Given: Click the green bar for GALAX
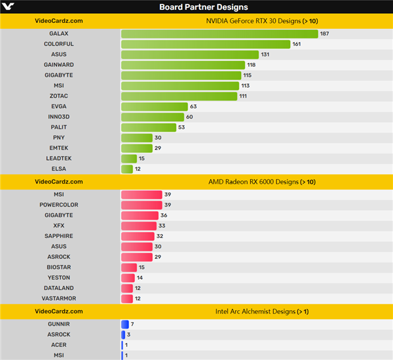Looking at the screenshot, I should [x=219, y=33].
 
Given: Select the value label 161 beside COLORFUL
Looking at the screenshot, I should [x=296, y=44].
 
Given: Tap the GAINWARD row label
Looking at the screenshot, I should [x=59, y=65].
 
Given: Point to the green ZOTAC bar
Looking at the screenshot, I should [x=179, y=96].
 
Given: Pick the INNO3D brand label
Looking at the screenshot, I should [x=59, y=117].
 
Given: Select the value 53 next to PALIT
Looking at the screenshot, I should [x=182, y=127].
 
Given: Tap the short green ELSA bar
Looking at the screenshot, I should [x=127, y=169].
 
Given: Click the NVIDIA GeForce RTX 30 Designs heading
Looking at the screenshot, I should [x=261, y=20].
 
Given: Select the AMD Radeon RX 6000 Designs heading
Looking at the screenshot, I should [x=261, y=181].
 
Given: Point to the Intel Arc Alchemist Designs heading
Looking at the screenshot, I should [x=261, y=311].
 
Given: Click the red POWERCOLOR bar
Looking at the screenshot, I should [x=141, y=205].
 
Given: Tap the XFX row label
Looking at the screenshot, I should [x=59, y=226].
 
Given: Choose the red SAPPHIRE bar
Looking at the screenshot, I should [x=138, y=236].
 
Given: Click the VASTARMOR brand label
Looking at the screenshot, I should [x=59, y=298].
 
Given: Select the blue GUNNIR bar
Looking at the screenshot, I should [x=124, y=324].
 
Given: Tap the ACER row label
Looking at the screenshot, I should [x=59, y=345].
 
